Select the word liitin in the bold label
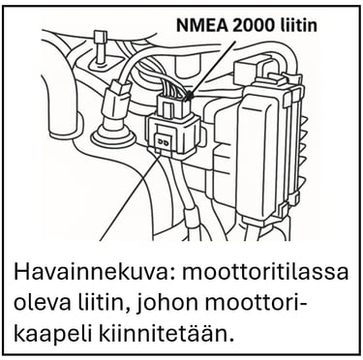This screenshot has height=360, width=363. (298, 26)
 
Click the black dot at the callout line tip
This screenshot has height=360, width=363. (190, 95)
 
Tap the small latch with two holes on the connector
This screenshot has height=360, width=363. (164, 141)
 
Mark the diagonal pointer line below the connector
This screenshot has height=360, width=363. (129, 196)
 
